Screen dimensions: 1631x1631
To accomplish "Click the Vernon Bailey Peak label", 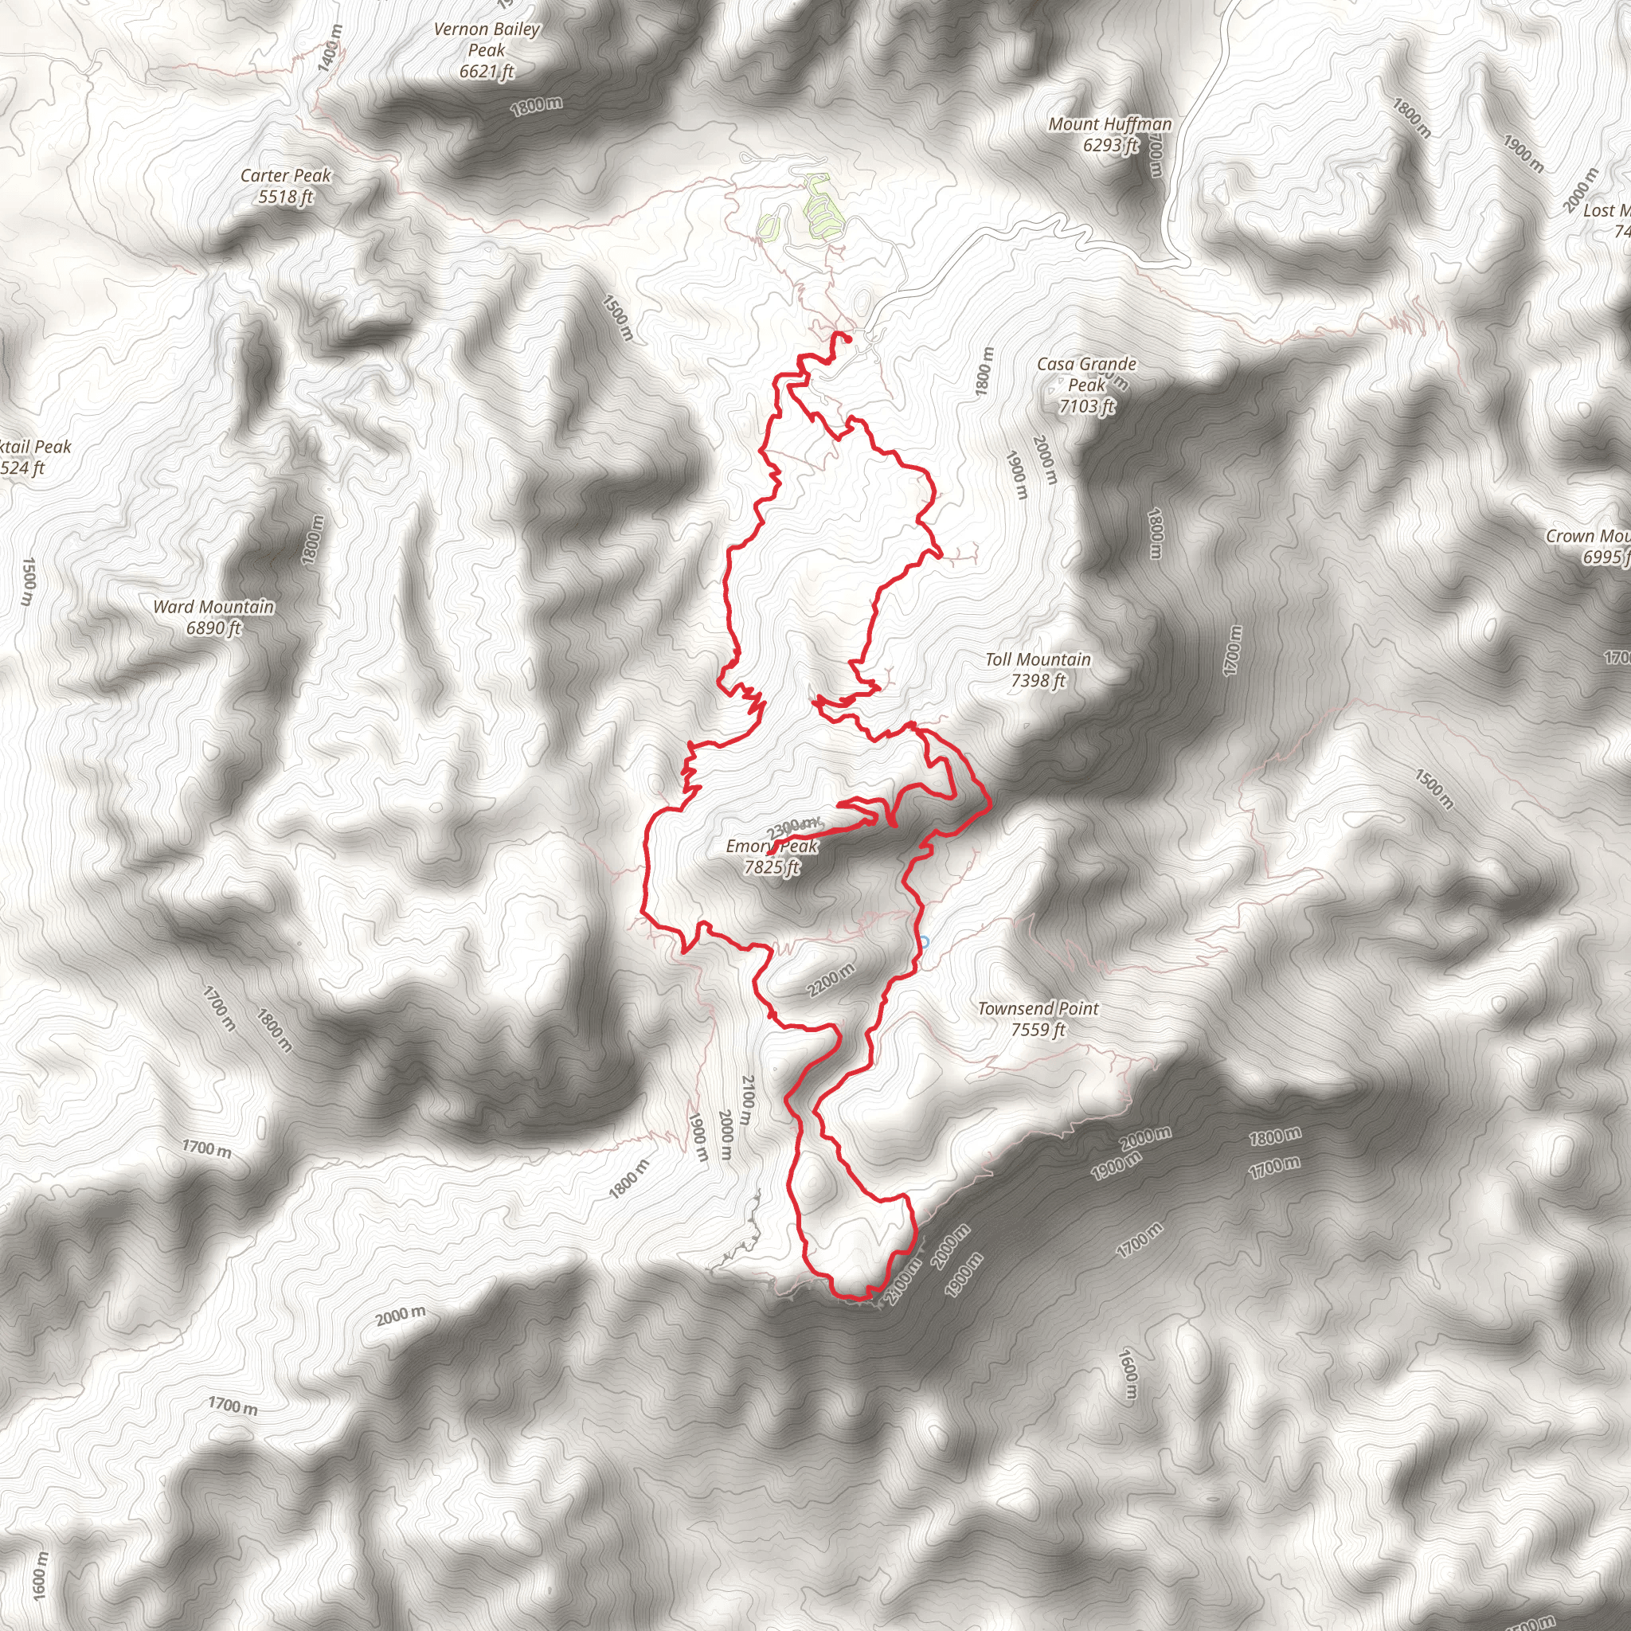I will [x=487, y=40].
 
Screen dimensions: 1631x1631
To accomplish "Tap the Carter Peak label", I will [x=285, y=175].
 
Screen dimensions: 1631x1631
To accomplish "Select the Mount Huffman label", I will [x=1110, y=124].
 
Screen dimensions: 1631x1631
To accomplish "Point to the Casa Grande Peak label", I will [x=1086, y=374].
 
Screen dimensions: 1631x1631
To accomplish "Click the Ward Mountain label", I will [x=213, y=606].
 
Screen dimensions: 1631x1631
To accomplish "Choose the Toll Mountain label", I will [x=1038, y=659].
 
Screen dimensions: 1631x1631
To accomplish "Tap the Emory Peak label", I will [x=772, y=846].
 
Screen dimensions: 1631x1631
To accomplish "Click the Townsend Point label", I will [x=1038, y=1008].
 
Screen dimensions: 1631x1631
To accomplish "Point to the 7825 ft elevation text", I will [x=772, y=867].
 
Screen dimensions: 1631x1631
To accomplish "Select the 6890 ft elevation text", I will [x=213, y=628].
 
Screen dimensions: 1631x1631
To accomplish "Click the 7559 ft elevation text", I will [x=1038, y=1030].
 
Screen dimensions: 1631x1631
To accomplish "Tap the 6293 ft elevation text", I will [x=1110, y=145].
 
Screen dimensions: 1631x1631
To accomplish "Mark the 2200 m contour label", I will [x=831, y=980].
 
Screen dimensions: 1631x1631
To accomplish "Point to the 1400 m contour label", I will [x=332, y=47].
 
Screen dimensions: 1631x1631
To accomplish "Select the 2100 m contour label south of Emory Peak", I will [x=746, y=1099].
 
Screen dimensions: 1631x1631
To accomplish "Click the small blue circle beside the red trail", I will [x=925, y=941].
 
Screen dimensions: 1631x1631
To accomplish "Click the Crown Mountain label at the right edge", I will [x=1587, y=536].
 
